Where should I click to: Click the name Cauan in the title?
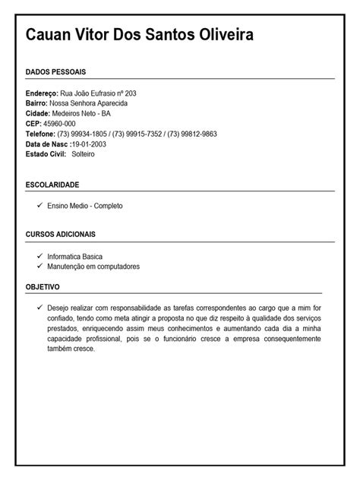point(51,35)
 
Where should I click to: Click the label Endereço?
point(42,93)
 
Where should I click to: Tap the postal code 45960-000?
point(59,123)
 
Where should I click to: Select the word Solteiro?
point(83,154)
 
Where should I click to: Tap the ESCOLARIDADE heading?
point(52,185)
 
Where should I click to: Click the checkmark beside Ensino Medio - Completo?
point(39,205)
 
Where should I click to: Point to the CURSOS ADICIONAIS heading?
point(60,235)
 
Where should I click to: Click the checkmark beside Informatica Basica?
point(39,257)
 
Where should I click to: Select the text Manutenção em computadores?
point(93,267)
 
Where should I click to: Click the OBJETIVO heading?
point(43,287)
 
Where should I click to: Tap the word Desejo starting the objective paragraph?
point(58,308)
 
